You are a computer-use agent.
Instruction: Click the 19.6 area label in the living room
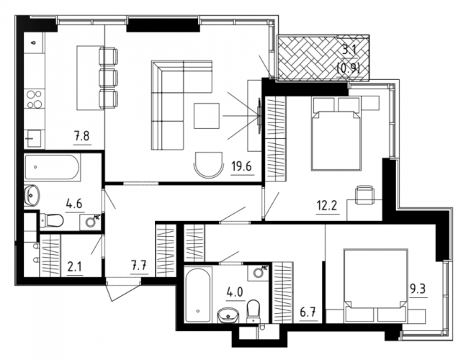(243, 166)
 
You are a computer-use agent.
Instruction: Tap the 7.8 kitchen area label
(82, 136)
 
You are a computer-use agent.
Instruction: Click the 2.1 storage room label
(75, 266)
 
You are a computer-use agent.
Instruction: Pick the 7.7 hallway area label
(140, 266)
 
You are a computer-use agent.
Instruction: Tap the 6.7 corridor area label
(308, 312)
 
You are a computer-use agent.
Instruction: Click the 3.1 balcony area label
(349, 49)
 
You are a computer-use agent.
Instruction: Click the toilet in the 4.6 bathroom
(52, 221)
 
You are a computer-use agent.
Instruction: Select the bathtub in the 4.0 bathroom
(198, 294)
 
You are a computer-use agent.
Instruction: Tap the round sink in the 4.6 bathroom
(31, 195)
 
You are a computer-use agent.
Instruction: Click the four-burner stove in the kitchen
(34, 99)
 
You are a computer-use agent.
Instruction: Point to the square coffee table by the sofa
(207, 116)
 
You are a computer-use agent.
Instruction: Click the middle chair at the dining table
(109, 78)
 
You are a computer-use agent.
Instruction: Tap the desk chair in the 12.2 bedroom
(364, 194)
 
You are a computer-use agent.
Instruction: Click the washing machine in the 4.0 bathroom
(258, 272)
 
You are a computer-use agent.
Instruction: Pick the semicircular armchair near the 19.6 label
(209, 165)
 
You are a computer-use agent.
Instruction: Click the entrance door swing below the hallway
(123, 289)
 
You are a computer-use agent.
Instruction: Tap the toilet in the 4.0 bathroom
(254, 311)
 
